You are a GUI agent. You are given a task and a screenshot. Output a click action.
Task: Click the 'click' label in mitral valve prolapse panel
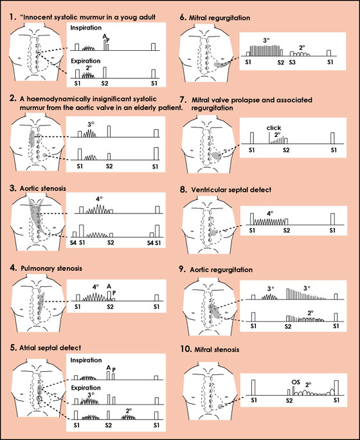tap(274, 127)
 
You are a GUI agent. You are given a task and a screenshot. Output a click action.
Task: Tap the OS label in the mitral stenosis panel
tap(296, 382)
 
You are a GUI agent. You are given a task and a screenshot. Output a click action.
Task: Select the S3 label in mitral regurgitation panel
tap(292, 62)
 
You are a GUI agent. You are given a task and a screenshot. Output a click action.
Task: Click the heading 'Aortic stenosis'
tap(42, 188)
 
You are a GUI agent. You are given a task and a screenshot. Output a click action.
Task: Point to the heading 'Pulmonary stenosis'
tap(51, 268)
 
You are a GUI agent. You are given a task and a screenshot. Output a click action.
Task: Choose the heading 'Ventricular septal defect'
tap(231, 190)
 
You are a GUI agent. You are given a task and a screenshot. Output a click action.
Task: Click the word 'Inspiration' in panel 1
tap(85, 28)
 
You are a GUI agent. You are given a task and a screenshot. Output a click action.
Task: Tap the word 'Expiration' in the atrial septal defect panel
tap(85, 388)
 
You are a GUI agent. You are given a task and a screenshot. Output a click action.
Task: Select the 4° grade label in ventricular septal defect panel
tap(270, 214)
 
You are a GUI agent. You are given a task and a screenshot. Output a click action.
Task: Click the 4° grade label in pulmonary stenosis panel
tap(96, 287)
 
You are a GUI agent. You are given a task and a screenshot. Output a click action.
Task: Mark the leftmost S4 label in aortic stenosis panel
tap(73, 243)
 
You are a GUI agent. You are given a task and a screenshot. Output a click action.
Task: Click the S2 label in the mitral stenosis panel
tap(289, 400)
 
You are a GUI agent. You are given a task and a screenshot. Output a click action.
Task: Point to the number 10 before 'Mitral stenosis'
tap(186, 349)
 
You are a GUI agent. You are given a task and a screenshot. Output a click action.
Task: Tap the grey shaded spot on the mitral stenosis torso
tap(221, 407)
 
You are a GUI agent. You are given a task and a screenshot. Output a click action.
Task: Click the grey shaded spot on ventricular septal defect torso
tap(213, 233)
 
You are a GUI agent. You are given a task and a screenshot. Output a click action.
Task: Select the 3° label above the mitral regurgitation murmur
tap(266, 41)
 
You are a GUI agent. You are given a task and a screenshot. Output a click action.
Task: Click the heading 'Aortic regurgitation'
tap(221, 270)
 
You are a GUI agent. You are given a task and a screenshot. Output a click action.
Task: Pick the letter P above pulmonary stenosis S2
tap(114, 293)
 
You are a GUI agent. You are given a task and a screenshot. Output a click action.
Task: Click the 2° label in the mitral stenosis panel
tap(309, 385)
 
